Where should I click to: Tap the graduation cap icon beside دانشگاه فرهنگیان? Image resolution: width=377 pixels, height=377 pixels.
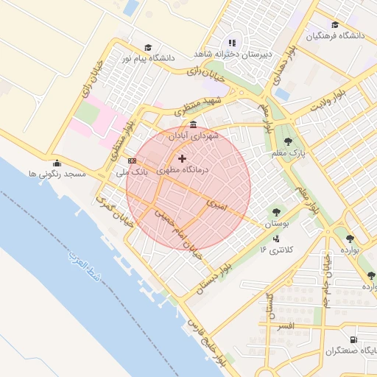(x=335, y=24)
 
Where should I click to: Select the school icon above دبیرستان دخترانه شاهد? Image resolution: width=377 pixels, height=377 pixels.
(x=233, y=43)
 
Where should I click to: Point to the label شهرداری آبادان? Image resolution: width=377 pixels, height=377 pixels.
(x=194, y=136)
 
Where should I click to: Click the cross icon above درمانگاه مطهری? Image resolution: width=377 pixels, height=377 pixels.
(x=183, y=158)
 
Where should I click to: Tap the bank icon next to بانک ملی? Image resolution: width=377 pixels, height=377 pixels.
(x=132, y=161)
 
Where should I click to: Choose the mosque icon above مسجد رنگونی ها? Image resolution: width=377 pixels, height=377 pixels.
(x=57, y=163)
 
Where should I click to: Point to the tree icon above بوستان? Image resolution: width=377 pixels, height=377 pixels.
(x=277, y=211)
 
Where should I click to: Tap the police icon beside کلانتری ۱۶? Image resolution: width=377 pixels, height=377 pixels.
(x=276, y=239)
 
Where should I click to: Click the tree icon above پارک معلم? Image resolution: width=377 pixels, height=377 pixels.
(x=287, y=141)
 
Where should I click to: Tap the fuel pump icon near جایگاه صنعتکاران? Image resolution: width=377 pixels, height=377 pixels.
(x=354, y=339)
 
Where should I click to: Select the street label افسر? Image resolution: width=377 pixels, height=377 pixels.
(x=285, y=325)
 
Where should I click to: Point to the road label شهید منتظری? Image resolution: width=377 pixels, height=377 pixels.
(x=199, y=106)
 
